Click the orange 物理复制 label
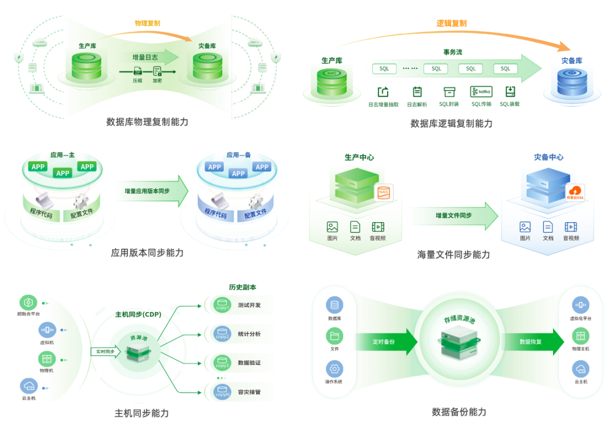click(x=147, y=23)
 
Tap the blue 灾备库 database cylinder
click(x=572, y=83)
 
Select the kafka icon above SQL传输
click(x=481, y=91)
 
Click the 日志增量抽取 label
click(x=384, y=104)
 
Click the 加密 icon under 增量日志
click(x=157, y=72)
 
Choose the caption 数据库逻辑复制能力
click(x=451, y=123)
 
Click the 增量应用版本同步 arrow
click(x=152, y=192)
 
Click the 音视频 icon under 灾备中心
click(x=571, y=227)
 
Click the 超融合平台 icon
click(x=28, y=302)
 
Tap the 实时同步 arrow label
click(x=105, y=352)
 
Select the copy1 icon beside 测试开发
click(x=222, y=305)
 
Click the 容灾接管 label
click(x=249, y=392)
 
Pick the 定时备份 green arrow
click(x=385, y=342)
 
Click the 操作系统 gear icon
click(x=334, y=369)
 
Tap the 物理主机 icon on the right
click(x=580, y=336)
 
